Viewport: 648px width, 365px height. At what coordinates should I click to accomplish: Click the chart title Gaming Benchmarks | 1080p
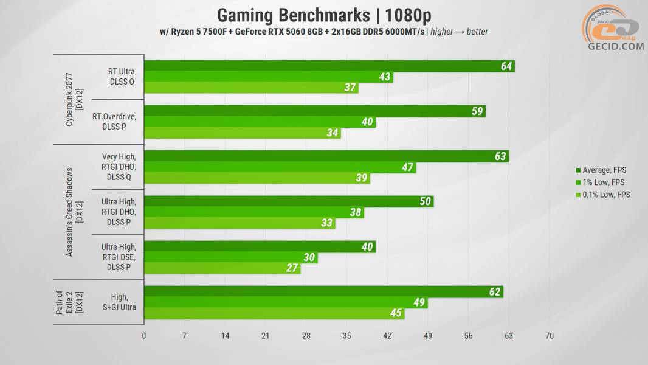pos(323,15)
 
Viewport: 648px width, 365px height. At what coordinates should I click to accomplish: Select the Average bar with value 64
pos(328,66)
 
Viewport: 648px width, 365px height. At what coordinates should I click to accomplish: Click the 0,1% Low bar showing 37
pos(250,88)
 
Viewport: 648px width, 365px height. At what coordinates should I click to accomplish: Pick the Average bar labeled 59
pos(314,111)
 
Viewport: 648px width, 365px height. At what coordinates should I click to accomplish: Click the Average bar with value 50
pos(288,201)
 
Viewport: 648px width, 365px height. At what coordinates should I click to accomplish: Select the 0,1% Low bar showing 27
pos(221,268)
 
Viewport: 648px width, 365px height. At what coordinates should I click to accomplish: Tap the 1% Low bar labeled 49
pos(285,303)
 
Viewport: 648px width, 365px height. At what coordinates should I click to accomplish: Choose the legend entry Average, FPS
pos(604,170)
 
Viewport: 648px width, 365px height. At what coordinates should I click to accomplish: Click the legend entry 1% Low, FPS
pos(604,182)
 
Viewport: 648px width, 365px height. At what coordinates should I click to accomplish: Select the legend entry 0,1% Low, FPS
pos(607,195)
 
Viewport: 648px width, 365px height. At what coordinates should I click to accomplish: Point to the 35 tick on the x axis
pos(346,335)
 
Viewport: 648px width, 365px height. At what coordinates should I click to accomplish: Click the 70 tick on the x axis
pos(550,335)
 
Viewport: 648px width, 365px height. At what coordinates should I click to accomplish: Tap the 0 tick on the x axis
pos(144,335)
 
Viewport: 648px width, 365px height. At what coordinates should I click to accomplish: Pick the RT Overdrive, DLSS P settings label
pos(114,121)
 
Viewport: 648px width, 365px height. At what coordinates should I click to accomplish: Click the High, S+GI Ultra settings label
pos(119,302)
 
